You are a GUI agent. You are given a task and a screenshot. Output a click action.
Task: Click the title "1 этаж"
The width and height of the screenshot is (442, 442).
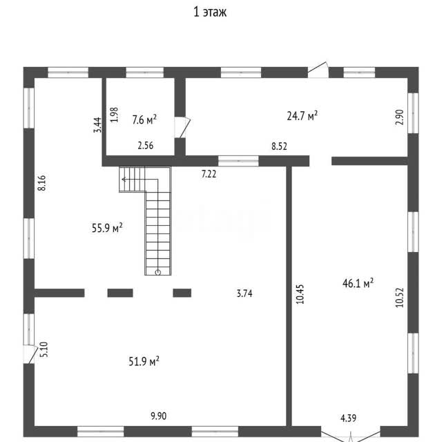210,12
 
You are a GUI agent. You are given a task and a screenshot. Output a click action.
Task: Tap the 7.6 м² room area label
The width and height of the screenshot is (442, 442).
144,119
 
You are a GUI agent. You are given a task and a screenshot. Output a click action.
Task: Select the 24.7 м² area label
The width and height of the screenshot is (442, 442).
302,115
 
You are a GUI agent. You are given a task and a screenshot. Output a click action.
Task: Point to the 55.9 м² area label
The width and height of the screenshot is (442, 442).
107,228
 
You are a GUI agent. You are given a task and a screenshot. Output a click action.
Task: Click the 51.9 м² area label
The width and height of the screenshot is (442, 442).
144,361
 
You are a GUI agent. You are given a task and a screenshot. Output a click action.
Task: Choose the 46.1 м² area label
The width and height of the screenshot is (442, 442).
358,283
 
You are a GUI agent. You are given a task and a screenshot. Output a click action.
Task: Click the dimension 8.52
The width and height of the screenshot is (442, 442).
279,146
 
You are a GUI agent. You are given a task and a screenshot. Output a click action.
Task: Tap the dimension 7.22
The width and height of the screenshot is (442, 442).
209,174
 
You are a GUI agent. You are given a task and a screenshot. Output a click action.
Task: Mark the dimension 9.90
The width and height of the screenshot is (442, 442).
159,416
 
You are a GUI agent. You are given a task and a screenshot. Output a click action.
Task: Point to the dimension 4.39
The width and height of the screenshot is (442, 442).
348,418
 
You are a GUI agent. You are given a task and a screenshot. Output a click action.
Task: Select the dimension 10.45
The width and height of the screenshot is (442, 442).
300,294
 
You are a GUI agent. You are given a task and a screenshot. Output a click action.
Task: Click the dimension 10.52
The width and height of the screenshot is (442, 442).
399,298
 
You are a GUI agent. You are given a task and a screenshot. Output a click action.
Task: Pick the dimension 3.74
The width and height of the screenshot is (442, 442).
244,294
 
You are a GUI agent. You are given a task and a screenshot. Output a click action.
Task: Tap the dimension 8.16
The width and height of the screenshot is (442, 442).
41,183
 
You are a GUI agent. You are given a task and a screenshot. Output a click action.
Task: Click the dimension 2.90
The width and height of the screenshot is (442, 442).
399,117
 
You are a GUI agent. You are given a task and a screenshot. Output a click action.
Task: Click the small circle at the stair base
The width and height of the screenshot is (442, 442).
158,272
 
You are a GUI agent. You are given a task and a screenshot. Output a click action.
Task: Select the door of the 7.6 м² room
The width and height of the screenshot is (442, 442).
182,127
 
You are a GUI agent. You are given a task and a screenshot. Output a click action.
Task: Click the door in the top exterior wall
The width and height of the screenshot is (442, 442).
318,70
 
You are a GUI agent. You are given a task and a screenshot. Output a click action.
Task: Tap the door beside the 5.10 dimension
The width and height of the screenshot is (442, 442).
30,354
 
